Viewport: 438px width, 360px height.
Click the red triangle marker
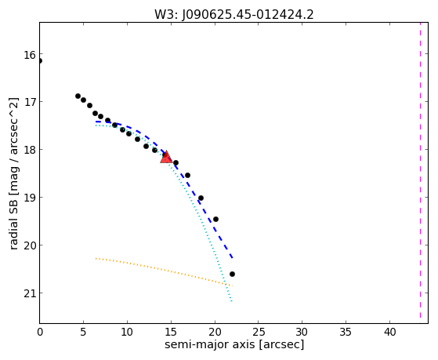tap(166, 157)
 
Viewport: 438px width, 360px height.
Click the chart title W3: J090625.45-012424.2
tap(234, 14)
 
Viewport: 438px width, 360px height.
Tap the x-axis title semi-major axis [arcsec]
tap(234, 344)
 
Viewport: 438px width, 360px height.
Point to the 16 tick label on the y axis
tap(30, 55)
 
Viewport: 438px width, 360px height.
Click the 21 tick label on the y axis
tap(30, 293)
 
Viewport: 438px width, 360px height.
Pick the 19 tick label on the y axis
tap(30, 198)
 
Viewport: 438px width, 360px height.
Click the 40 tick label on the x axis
tap(389, 332)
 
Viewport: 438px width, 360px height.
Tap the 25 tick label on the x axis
tap(259, 332)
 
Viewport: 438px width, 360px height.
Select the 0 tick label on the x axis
tap(40, 332)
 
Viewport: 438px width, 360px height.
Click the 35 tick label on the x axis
tap(346, 332)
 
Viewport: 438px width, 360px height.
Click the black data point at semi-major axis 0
tap(40, 60)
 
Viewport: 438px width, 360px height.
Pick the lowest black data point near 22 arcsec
tap(232, 275)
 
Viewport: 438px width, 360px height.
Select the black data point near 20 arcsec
tap(215, 219)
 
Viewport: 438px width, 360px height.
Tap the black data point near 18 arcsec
tap(201, 198)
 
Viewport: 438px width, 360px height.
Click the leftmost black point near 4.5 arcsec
tap(78, 96)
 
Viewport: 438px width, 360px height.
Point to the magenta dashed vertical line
tap(420, 170)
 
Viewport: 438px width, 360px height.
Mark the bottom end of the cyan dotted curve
tap(232, 301)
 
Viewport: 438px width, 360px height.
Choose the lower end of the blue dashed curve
tap(233, 257)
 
